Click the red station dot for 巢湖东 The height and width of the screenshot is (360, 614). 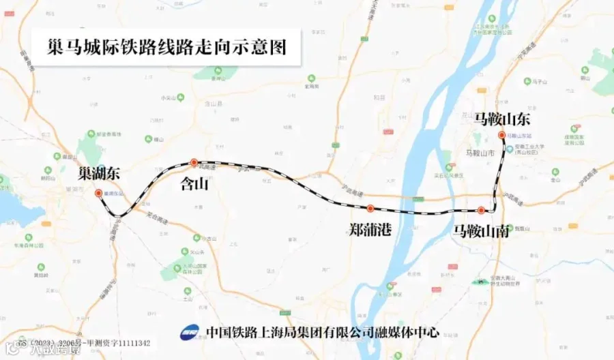[98, 193]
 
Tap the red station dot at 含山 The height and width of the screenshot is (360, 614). [194, 162]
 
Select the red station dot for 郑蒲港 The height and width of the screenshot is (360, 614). [370, 208]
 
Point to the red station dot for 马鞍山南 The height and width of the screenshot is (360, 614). [481, 210]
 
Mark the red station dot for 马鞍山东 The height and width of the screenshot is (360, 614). [501, 135]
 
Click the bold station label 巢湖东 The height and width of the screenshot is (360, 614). [99, 173]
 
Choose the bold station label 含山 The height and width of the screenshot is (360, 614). [193, 183]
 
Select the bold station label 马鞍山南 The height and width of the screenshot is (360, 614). [481, 231]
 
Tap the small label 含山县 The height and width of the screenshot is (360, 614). [214, 104]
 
